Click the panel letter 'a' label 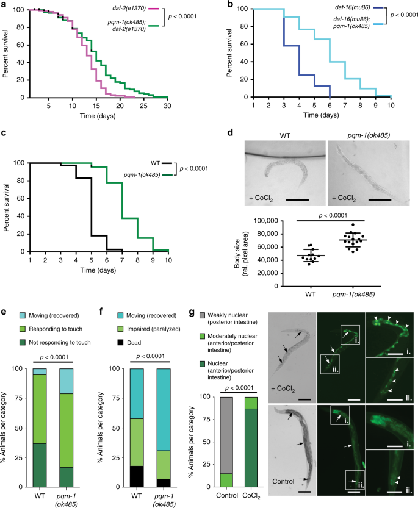(x=4, y=5)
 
